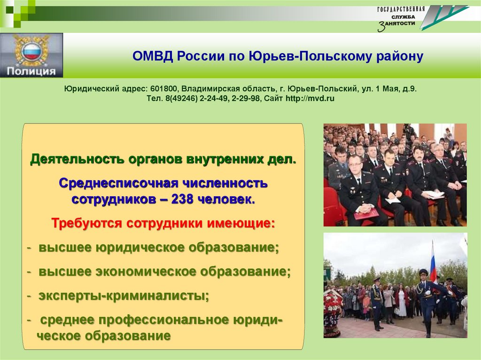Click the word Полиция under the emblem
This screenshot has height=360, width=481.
coord(31,71)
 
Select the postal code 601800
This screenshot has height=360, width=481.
coord(163,89)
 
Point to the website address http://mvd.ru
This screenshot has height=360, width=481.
coord(310,99)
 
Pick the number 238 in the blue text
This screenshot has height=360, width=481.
coord(182,199)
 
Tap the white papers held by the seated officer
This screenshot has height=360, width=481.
coord(433,194)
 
